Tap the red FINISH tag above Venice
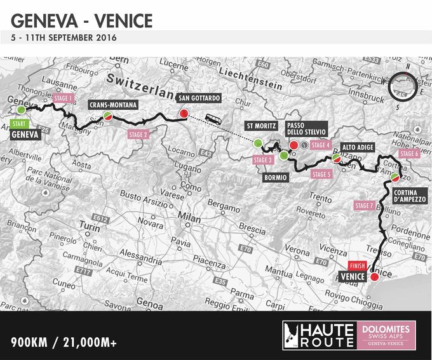(356, 265)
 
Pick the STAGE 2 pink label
(138, 135)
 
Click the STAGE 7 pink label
(363, 206)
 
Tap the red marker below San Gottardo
(184, 114)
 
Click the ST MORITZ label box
(261, 126)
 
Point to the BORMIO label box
(277, 178)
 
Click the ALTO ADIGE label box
(357, 147)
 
